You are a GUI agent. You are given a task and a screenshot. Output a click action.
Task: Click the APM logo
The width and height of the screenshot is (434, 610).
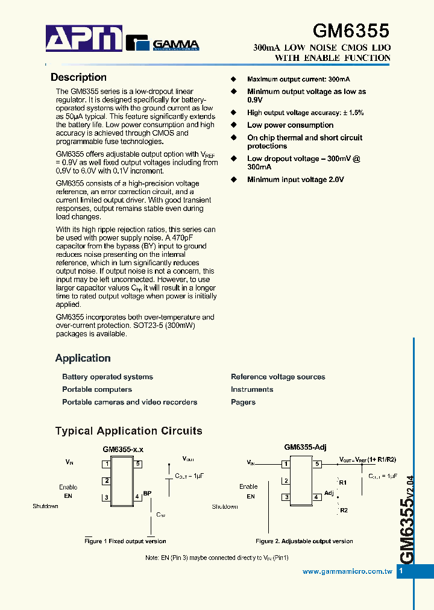pyautogui.click(x=84, y=39)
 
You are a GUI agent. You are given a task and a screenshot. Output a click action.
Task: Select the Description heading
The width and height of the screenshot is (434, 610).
pyautogui.click(x=78, y=77)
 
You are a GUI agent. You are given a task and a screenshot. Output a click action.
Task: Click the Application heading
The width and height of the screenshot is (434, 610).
pyautogui.click(x=83, y=358)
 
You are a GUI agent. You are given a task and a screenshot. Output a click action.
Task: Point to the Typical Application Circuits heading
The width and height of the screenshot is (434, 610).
pyautogui.click(x=128, y=431)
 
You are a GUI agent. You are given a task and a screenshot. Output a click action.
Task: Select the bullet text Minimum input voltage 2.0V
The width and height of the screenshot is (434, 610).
pyautogui.click(x=295, y=180)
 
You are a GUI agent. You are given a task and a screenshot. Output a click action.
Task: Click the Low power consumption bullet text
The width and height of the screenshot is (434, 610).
pyautogui.click(x=290, y=125)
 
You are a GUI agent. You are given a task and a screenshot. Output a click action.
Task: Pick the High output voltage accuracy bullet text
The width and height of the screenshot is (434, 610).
pyautogui.click(x=305, y=113)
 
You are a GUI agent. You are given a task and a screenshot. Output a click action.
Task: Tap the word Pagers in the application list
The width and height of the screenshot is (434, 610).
pyautogui.click(x=243, y=402)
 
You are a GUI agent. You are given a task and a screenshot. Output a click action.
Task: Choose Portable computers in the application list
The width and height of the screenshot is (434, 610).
pyautogui.click(x=97, y=389)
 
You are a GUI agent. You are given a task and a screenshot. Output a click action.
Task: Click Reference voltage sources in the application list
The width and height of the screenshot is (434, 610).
pyautogui.click(x=278, y=377)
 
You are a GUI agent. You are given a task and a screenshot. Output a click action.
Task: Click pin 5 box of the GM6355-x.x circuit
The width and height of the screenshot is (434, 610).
pyautogui.click(x=138, y=464)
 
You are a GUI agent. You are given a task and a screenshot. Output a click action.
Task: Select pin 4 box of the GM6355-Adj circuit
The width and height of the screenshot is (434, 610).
pyautogui.click(x=316, y=497)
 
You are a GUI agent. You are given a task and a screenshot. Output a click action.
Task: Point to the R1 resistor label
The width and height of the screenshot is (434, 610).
pyautogui.click(x=342, y=483)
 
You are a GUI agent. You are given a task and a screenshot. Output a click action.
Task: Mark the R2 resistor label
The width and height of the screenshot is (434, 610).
pyautogui.click(x=344, y=511)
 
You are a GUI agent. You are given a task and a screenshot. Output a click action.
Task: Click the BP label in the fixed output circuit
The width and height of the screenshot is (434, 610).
pyautogui.click(x=147, y=493)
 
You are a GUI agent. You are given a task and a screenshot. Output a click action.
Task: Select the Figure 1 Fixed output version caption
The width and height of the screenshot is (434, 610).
pyautogui.click(x=125, y=541)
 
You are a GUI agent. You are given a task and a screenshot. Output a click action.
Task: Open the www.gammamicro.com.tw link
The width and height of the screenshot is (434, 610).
pyautogui.click(x=347, y=571)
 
